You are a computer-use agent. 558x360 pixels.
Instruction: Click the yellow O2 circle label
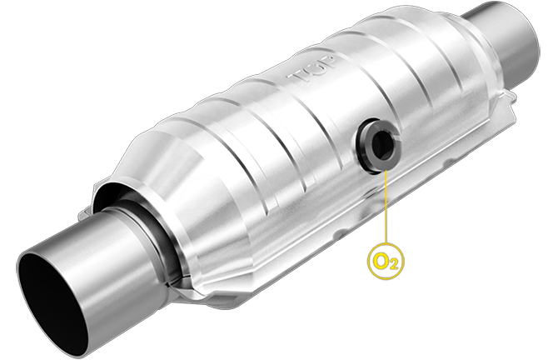386,261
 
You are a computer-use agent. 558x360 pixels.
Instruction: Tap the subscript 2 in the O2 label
394,265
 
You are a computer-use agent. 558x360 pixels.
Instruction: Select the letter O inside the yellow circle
382,260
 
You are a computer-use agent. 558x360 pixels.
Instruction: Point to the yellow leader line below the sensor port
386,208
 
